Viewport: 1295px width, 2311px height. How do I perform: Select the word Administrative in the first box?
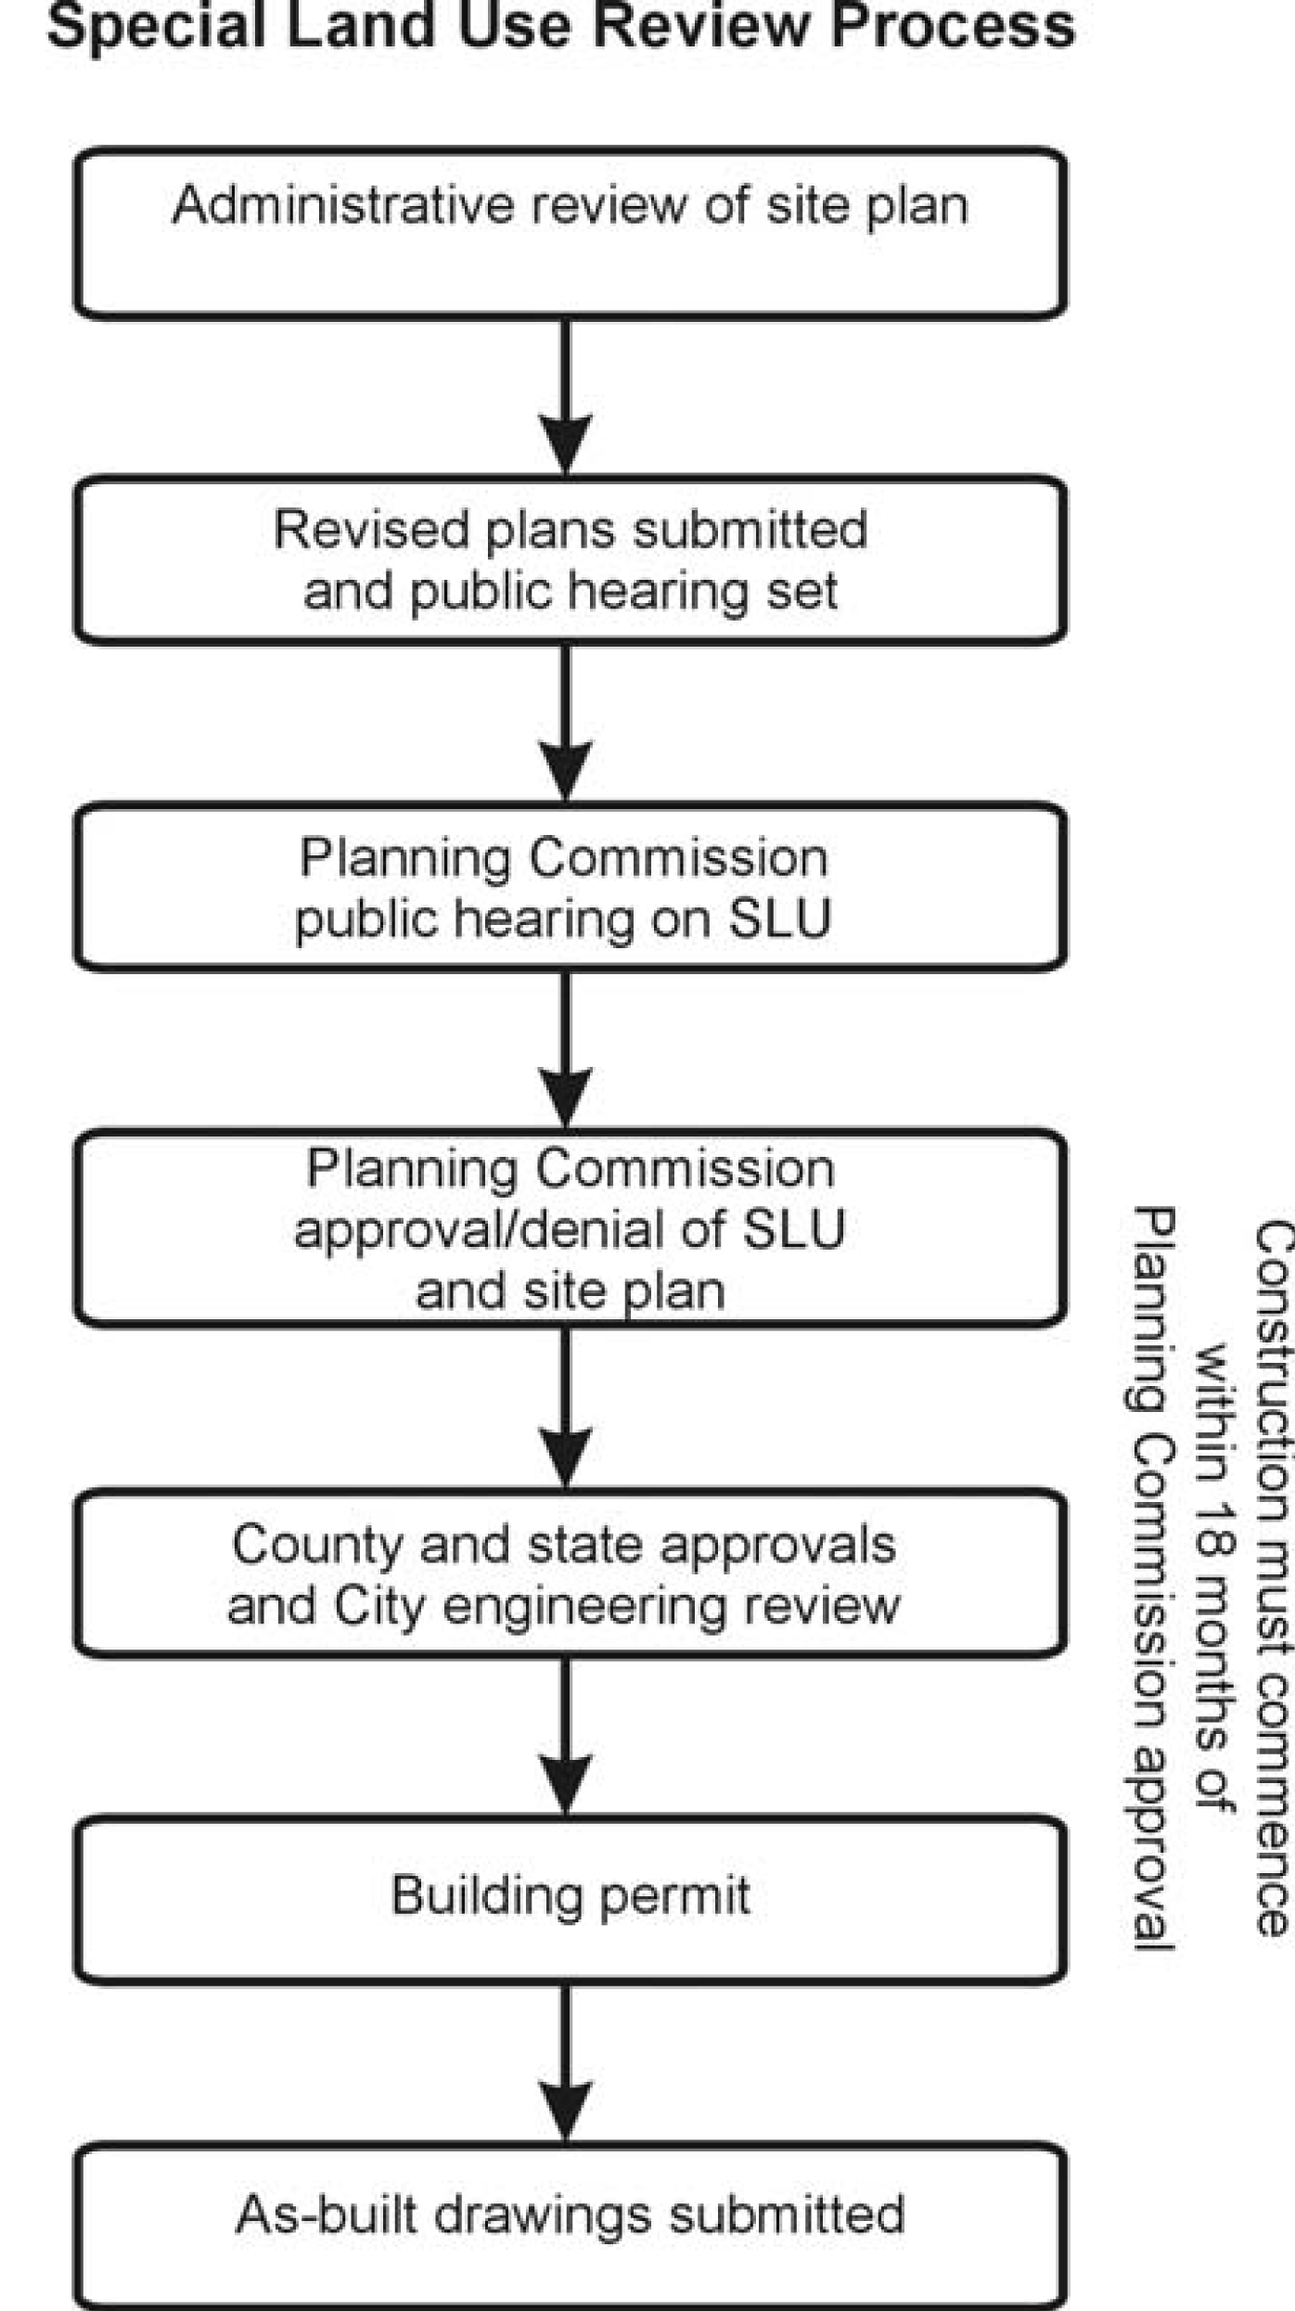(x=342, y=205)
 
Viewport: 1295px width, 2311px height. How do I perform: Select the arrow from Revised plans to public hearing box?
(x=566, y=723)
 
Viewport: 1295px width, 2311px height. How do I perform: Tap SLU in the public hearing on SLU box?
(x=780, y=919)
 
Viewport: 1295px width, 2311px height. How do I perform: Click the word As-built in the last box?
(x=327, y=2215)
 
